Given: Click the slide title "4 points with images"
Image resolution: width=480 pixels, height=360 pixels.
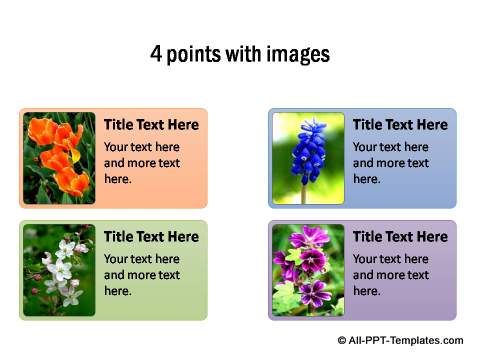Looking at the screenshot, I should click(x=240, y=54).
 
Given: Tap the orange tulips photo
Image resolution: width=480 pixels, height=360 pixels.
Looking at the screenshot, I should click(x=59, y=158).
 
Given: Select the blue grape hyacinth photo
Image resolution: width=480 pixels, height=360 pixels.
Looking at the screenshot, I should click(x=308, y=158).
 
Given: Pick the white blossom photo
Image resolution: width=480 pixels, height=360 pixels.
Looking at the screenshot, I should click(x=59, y=270).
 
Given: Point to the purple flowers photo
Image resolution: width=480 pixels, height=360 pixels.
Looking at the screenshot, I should click(x=308, y=270).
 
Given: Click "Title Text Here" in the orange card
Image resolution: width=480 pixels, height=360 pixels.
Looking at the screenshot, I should click(x=151, y=125).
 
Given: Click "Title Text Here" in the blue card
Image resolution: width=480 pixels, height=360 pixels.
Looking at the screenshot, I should click(x=400, y=125).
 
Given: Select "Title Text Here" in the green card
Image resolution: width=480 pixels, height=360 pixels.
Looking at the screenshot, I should click(x=151, y=237).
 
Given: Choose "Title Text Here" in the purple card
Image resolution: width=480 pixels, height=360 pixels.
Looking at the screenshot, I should click(x=400, y=237).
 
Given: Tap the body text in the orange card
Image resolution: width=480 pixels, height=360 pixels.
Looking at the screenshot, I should click(x=142, y=162).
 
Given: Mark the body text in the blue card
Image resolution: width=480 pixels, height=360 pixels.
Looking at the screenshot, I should click(x=391, y=162).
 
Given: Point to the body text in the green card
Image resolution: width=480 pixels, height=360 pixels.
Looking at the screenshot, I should click(x=142, y=274).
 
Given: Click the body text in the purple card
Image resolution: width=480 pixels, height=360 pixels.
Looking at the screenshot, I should click(x=391, y=274).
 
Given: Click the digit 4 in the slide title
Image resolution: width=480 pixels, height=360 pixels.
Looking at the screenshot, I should click(x=156, y=54).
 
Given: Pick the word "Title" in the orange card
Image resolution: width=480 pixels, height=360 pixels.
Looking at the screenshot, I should click(x=119, y=125).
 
